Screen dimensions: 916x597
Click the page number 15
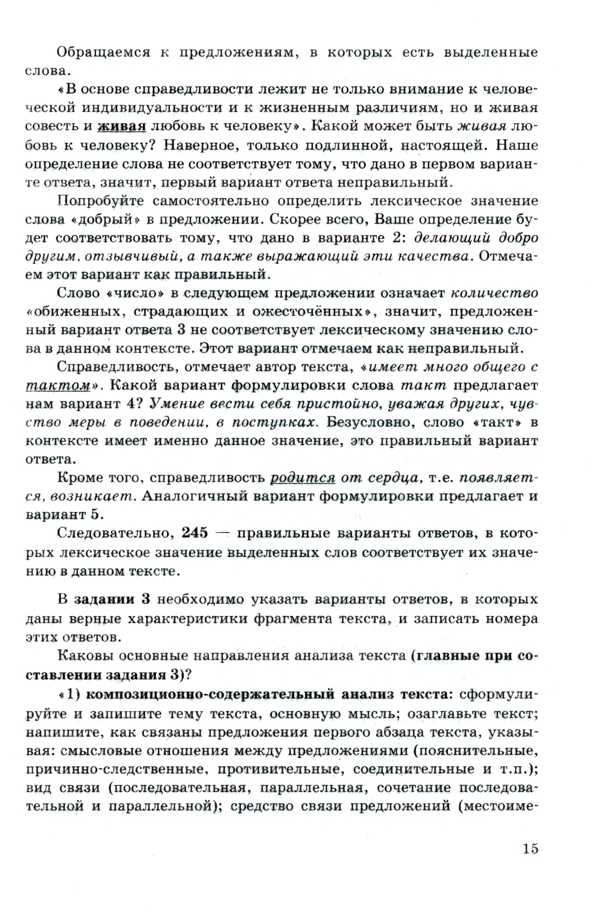click(x=530, y=848)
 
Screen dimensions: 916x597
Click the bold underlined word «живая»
click(x=122, y=127)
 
